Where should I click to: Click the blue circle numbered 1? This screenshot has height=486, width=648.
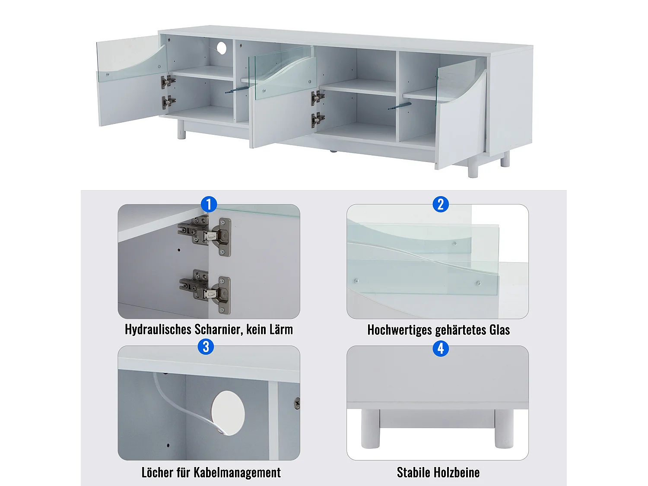pyautogui.click(x=209, y=204)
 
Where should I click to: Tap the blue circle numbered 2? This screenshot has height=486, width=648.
pyautogui.click(x=441, y=204)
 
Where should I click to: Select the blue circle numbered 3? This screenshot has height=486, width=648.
pyautogui.click(x=206, y=346)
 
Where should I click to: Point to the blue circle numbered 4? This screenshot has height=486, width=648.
pyautogui.click(x=441, y=348)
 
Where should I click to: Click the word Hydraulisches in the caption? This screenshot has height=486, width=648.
pyautogui.click(x=158, y=330)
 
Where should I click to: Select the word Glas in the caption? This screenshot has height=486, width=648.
pyautogui.click(x=500, y=330)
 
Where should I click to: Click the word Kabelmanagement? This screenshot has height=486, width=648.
pyautogui.click(x=237, y=472)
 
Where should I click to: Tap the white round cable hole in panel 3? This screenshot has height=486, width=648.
pyautogui.click(x=228, y=413)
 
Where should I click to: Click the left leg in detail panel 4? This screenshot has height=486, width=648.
pyautogui.click(x=370, y=428)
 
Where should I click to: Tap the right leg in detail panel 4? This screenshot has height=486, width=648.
pyautogui.click(x=504, y=428)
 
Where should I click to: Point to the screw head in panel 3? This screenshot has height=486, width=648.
pyautogui.click(x=297, y=403)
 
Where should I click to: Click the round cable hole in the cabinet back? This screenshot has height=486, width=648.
pyautogui.click(x=222, y=48)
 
